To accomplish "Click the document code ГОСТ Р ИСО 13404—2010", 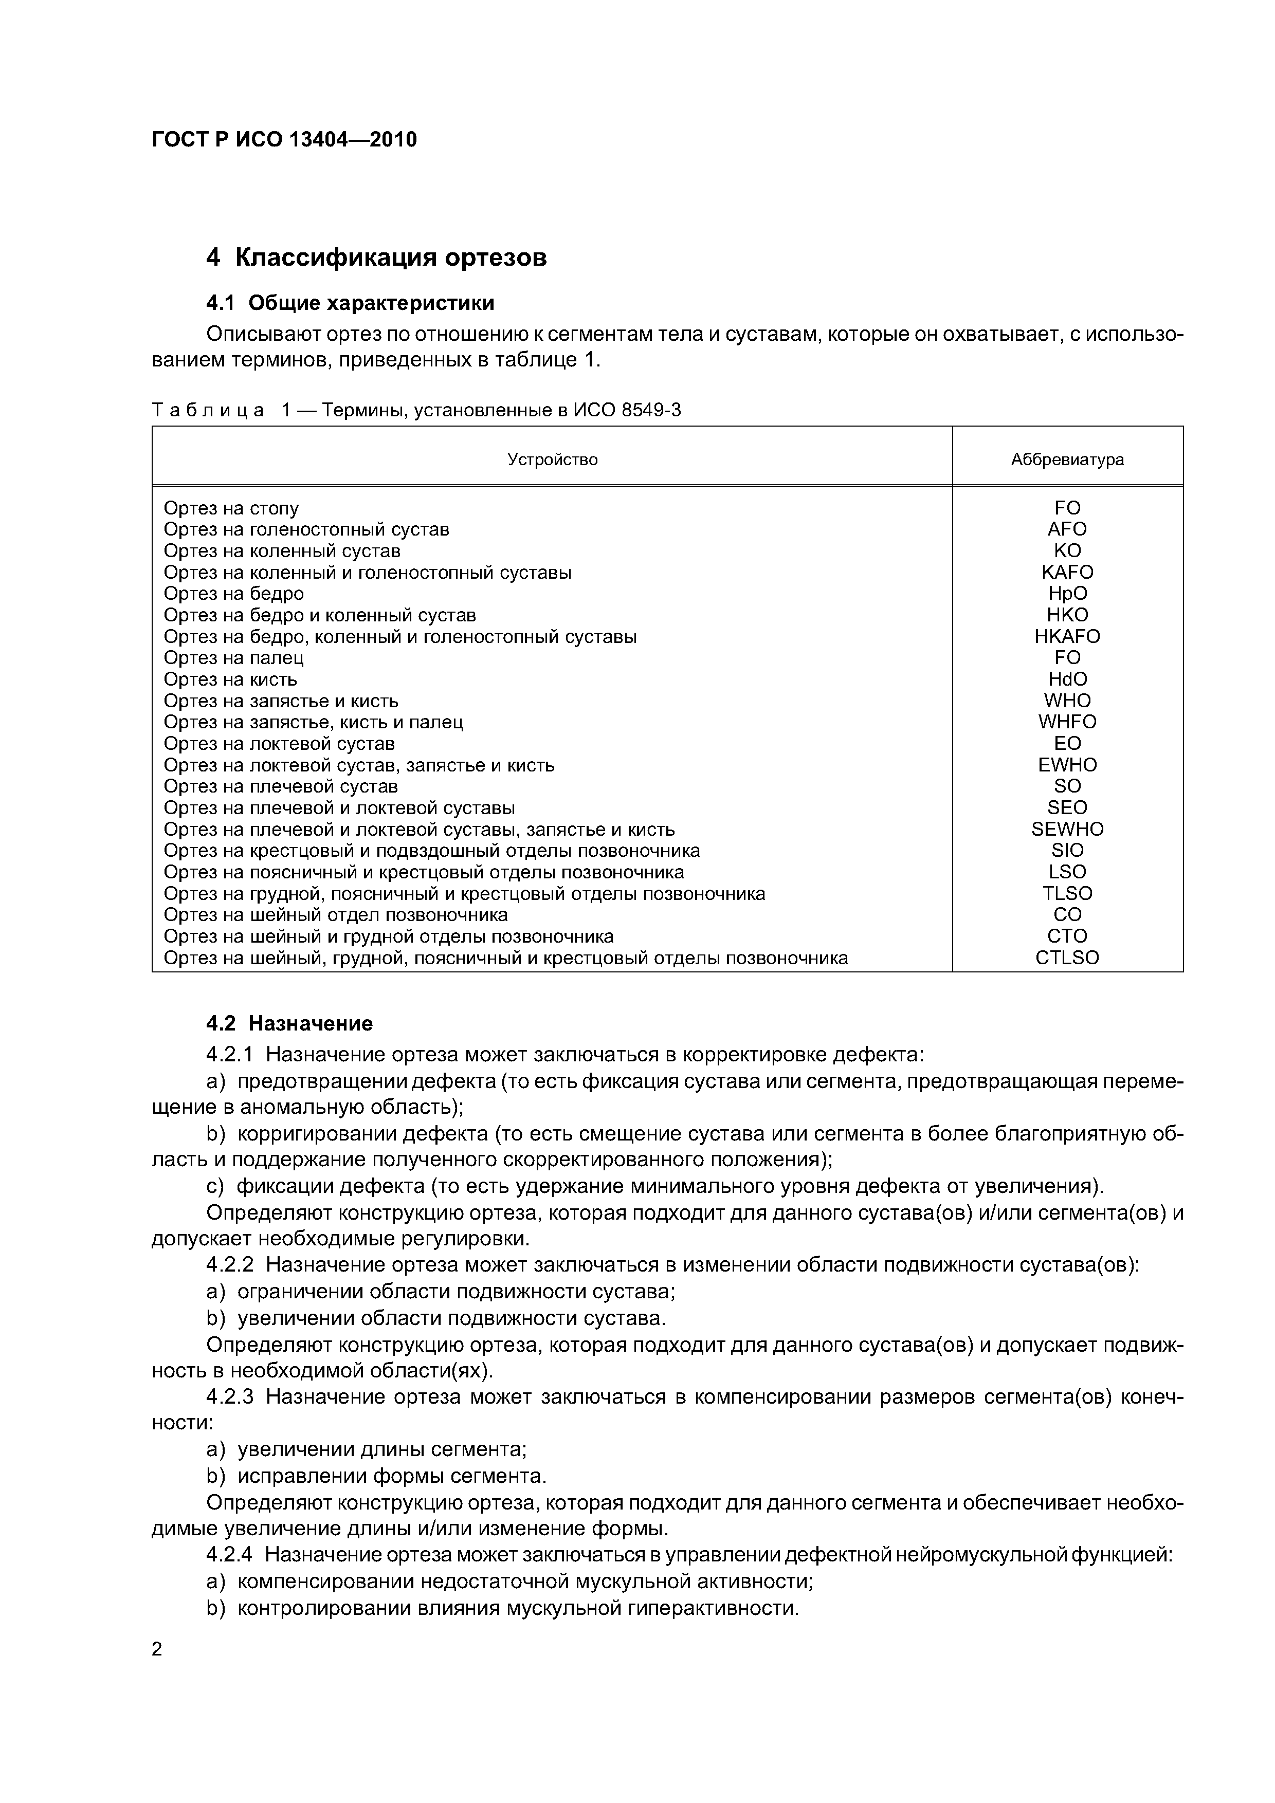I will pos(284,140).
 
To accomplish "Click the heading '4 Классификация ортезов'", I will pos(376,257).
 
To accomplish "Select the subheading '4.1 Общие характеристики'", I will pos(351,303).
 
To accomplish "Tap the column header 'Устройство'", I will pos(552,459).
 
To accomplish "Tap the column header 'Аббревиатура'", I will pos(1067,459).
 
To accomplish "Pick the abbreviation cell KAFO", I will pos(1067,573).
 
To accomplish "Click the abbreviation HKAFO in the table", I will pos(1067,637).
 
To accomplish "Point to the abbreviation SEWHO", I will pos(1067,829).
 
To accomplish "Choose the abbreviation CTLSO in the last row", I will pos(1067,958).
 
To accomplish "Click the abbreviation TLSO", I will pos(1067,894).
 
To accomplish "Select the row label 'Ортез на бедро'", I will pos(233,594).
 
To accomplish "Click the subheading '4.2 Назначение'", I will pos(289,1024).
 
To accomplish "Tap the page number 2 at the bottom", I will pos(157,1649).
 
